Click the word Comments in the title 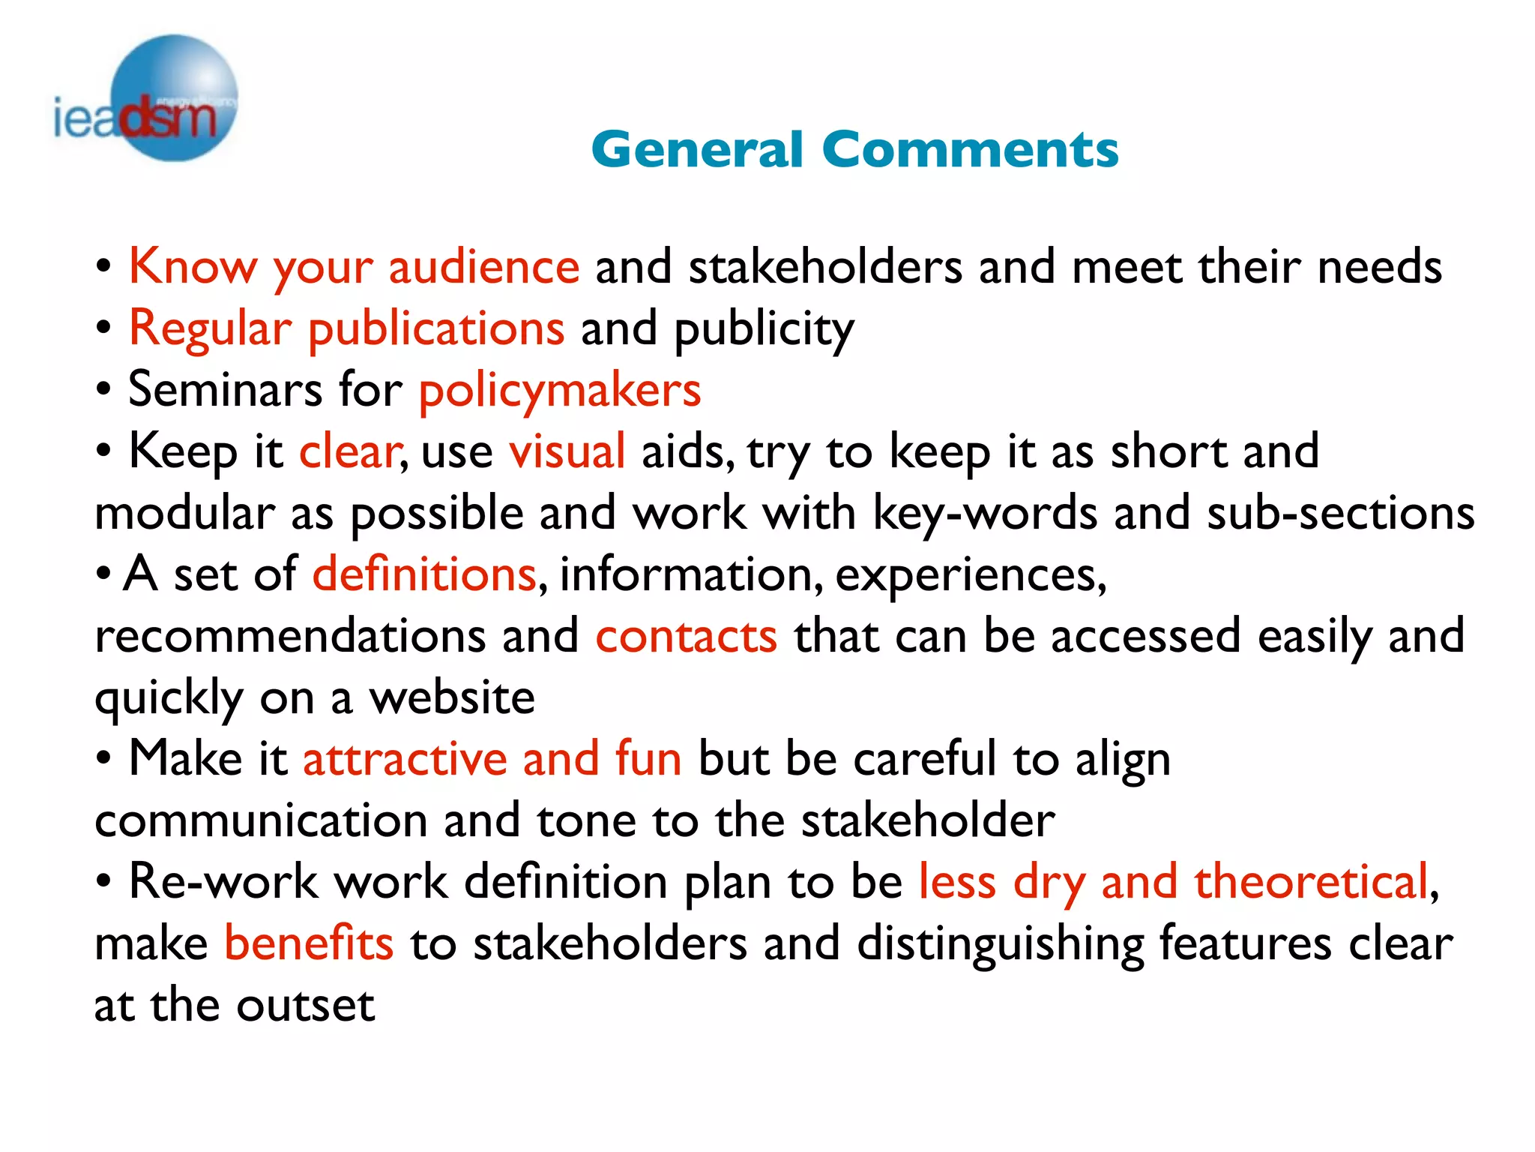[x=970, y=149]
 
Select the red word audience [x=484, y=267]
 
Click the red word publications [x=436, y=330]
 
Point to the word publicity [x=764, y=330]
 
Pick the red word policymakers [x=560, y=391]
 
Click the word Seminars [x=225, y=390]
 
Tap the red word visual [x=567, y=452]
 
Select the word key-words [x=985, y=514]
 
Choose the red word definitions [x=424, y=575]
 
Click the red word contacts [x=687, y=637]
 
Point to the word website [x=452, y=698]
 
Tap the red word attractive [x=405, y=759]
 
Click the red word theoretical [x=1311, y=882]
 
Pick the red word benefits [x=309, y=943]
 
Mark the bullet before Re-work [x=104, y=882]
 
